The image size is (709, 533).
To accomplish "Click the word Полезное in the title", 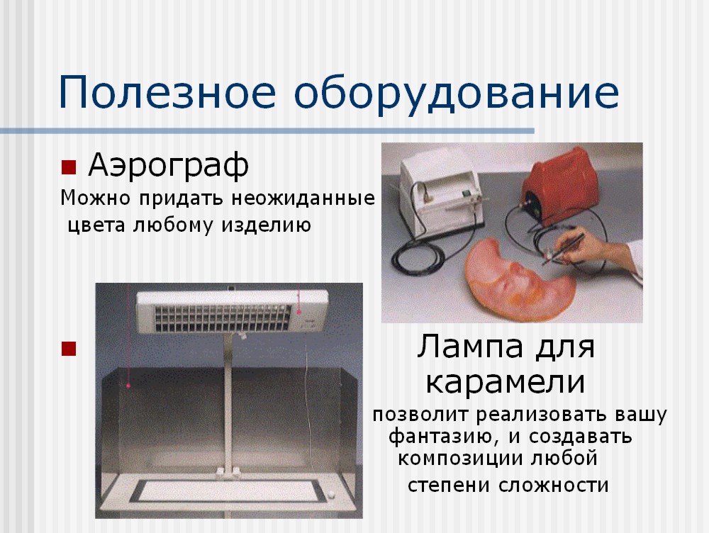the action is [167, 93].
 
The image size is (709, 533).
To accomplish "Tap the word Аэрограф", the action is [169, 166].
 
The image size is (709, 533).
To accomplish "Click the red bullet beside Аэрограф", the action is [69, 167].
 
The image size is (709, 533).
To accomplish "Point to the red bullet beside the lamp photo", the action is [69, 349].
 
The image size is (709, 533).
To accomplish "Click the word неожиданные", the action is [303, 198].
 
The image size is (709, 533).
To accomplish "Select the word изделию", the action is [266, 225].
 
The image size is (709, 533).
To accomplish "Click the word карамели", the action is [506, 383].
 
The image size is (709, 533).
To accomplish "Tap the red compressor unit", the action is [561, 186].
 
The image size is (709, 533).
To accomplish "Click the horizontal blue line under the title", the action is [267, 131].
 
